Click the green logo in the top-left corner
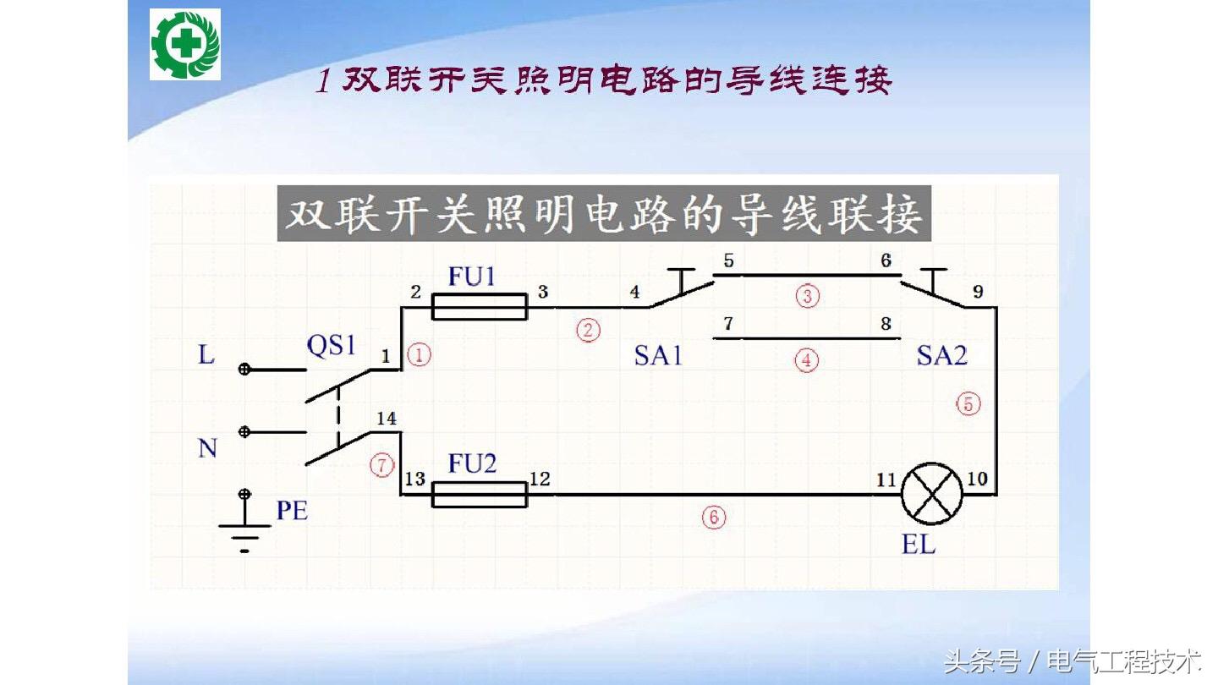point(185,44)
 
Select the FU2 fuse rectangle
point(479,495)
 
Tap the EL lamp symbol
point(931,495)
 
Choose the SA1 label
point(658,355)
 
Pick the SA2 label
point(941,355)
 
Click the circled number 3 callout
point(808,296)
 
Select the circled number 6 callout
point(713,517)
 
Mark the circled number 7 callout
point(381,463)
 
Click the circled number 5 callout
point(968,404)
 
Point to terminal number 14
point(386,419)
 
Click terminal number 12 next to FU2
point(540,479)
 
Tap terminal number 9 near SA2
point(978,292)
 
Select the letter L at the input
point(206,355)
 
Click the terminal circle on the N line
point(244,432)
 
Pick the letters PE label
point(292,511)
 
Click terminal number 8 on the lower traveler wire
point(886,323)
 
